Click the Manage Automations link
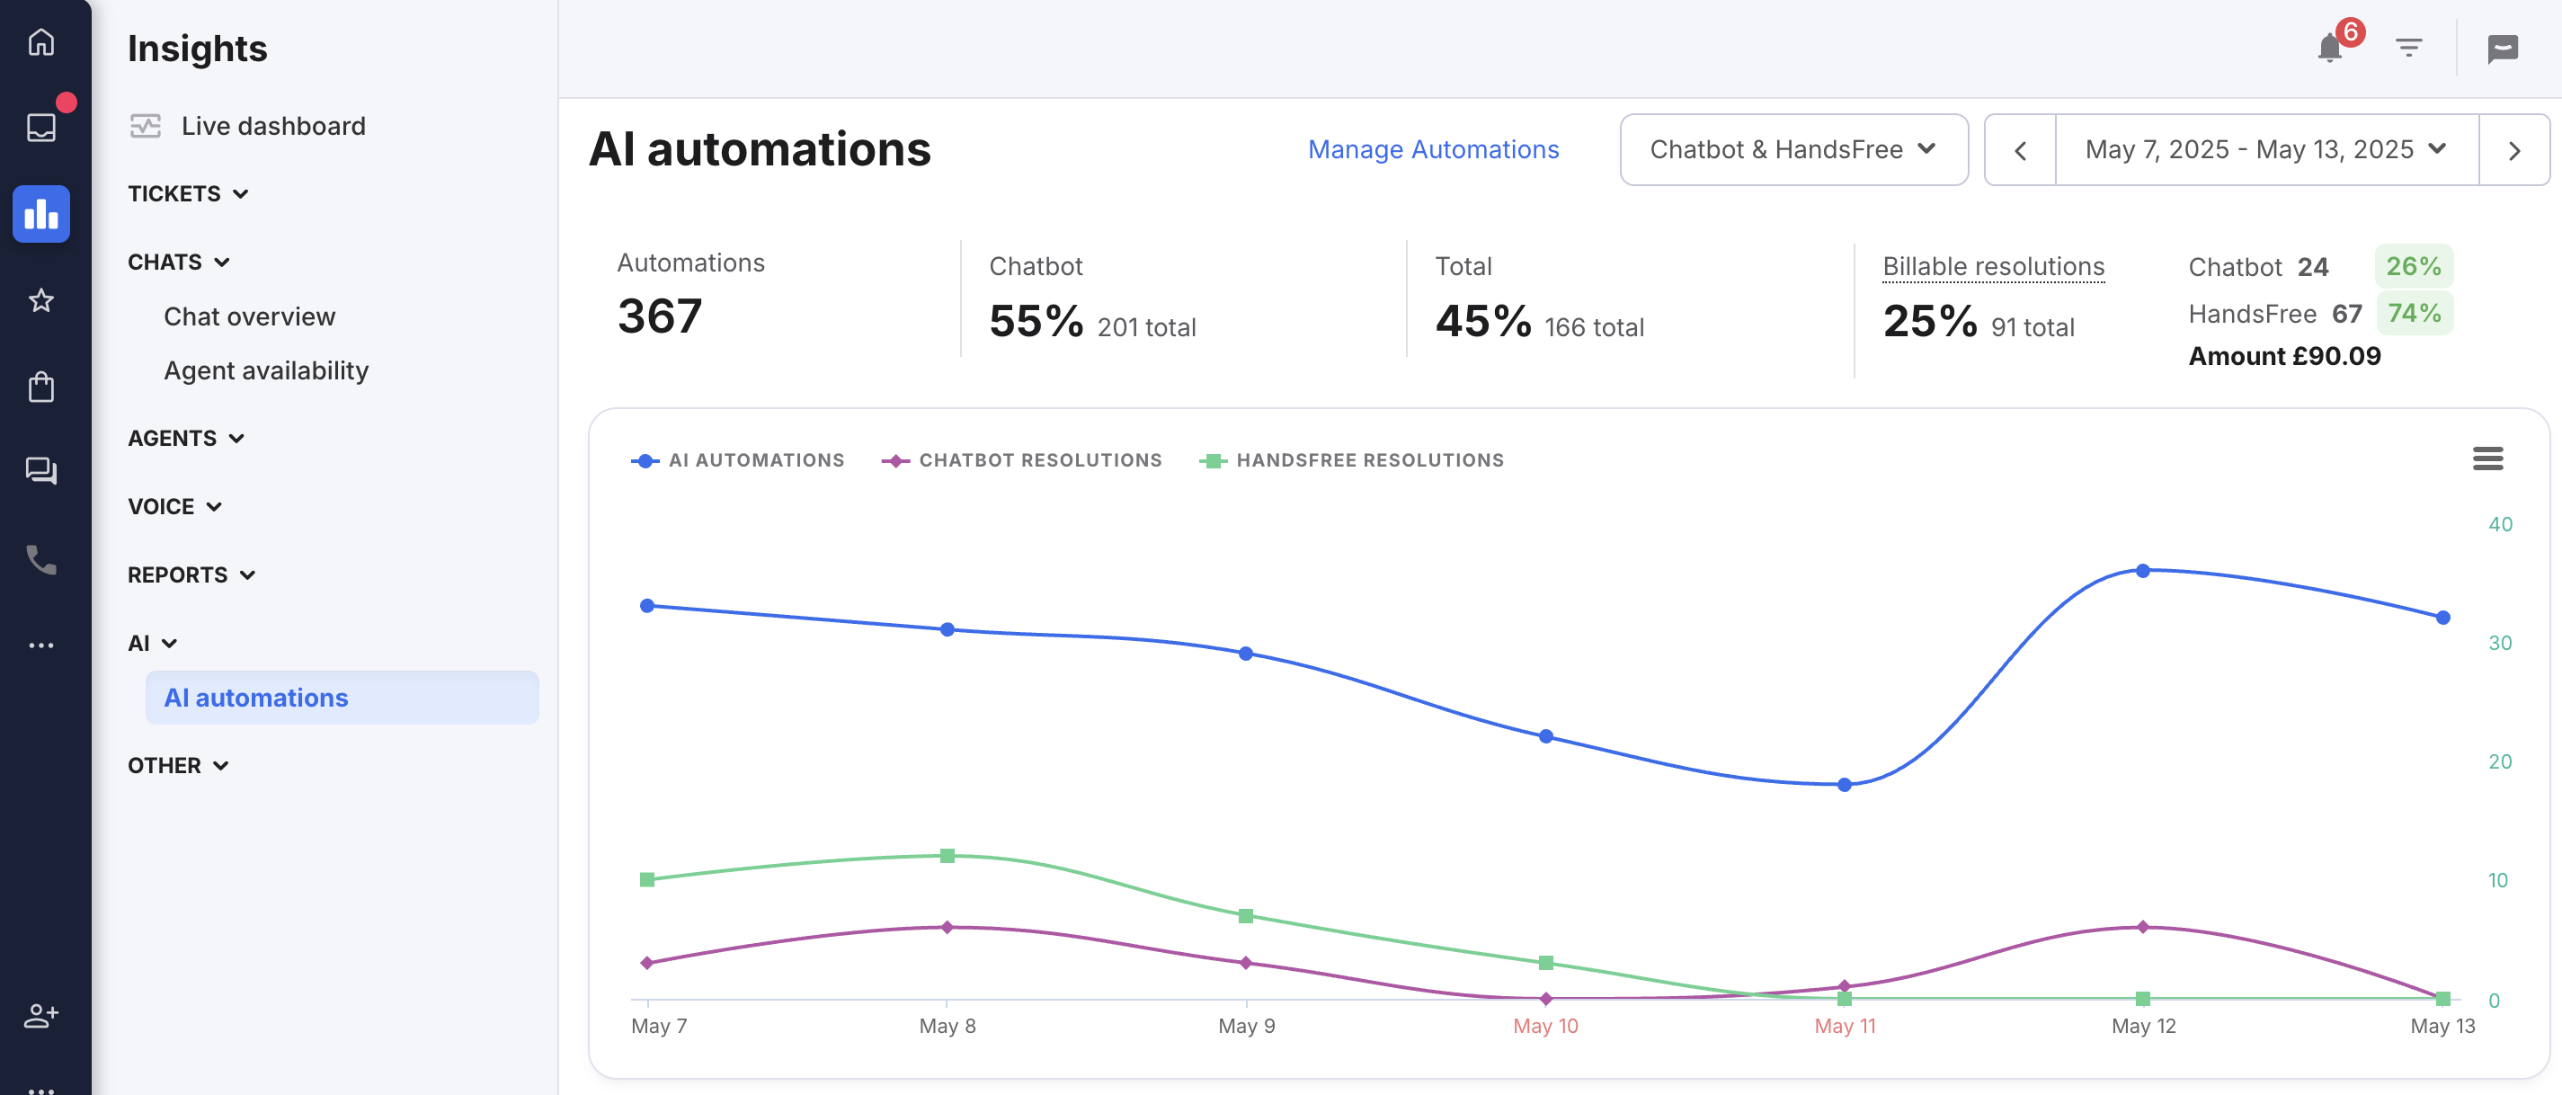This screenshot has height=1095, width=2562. (1433, 149)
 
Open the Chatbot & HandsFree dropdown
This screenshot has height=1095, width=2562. (1793, 149)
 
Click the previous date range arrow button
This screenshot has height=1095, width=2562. (2020, 150)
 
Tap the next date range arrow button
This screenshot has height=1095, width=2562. (2513, 150)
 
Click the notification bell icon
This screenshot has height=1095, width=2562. (2329, 47)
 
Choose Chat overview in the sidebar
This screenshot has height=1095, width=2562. (250, 316)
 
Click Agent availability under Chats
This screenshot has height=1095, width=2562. (267, 370)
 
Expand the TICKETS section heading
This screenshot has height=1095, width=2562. (188, 194)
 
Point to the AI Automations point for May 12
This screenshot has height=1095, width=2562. (2143, 571)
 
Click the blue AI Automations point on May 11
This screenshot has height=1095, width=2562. (1845, 785)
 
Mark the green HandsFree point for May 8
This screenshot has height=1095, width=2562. (947, 856)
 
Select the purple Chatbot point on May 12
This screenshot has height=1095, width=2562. (2143, 927)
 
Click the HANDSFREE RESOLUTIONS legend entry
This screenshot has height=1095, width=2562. (1353, 460)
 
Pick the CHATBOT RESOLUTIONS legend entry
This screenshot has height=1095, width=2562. (1021, 460)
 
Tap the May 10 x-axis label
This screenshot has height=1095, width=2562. (1545, 1026)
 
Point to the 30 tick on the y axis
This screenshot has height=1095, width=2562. (2500, 643)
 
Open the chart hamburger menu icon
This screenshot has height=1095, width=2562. (2487, 458)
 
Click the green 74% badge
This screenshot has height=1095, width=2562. (2414, 313)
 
